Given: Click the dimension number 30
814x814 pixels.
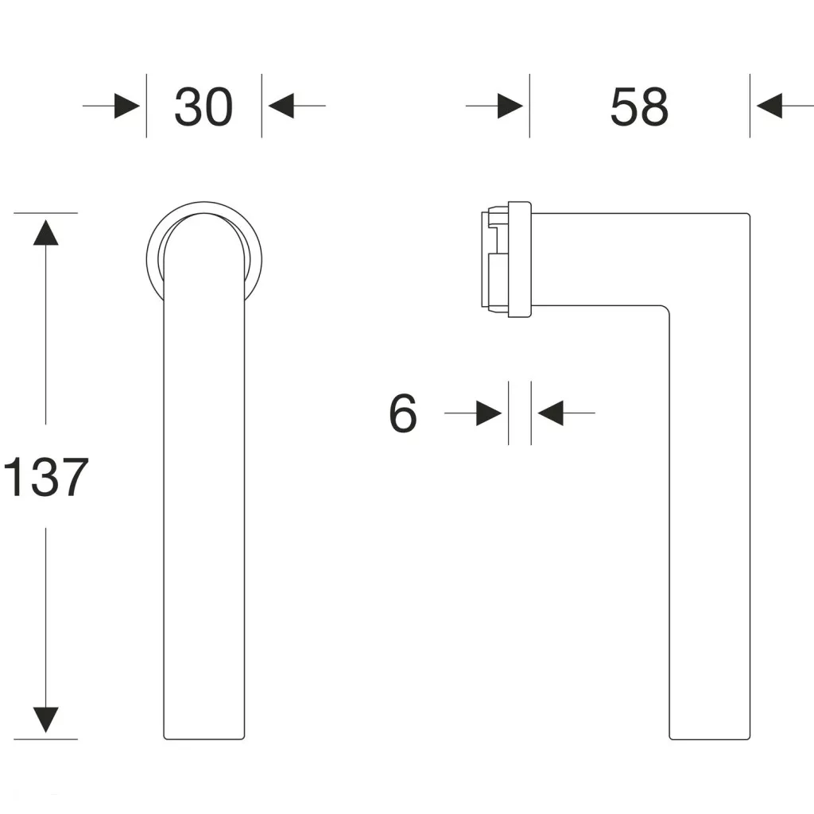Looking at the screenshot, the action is (x=203, y=107).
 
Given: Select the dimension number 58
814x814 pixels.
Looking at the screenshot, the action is (x=639, y=107).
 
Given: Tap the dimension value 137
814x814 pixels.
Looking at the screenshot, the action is (x=45, y=477).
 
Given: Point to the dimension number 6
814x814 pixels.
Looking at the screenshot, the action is (x=403, y=413).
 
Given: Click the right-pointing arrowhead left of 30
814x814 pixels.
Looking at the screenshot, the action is (x=127, y=106).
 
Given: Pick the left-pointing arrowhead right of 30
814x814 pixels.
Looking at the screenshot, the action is (x=281, y=106).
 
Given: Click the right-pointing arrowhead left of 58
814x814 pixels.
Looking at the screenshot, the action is (x=510, y=106).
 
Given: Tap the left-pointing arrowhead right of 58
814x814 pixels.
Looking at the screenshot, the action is (x=769, y=106).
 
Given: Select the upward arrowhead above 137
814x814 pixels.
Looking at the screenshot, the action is (x=45, y=233).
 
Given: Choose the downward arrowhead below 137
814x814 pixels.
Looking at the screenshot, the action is (x=45, y=719).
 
